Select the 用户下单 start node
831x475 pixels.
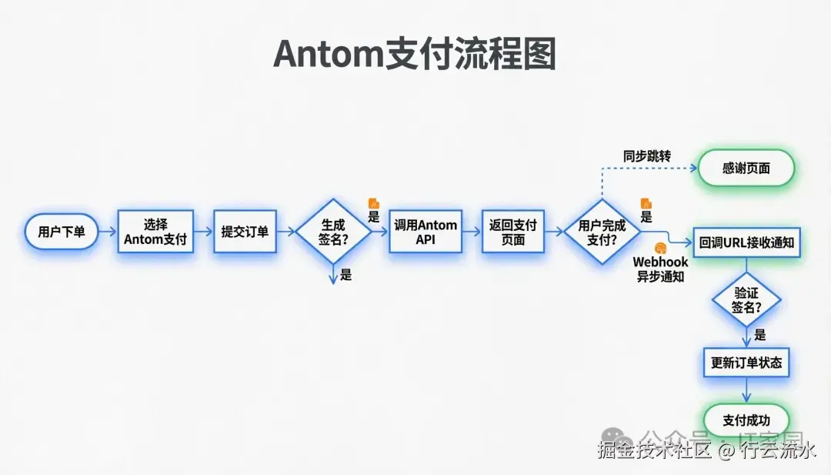click(62, 231)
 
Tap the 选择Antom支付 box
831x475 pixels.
click(155, 232)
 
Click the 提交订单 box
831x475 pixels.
click(245, 231)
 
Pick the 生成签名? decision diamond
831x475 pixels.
click(333, 232)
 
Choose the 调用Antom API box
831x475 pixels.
click(426, 232)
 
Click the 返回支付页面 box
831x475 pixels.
click(513, 232)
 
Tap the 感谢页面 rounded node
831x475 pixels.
click(745, 168)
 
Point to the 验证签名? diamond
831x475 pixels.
click(746, 300)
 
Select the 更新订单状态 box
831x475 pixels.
click(746, 361)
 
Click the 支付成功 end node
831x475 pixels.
click(746, 420)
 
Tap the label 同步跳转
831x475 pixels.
click(646, 156)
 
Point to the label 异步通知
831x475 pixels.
click(660, 277)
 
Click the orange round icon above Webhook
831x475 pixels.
click(660, 249)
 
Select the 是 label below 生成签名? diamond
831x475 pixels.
click(346, 275)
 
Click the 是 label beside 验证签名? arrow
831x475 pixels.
click(760, 335)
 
